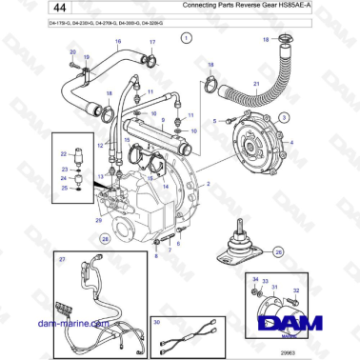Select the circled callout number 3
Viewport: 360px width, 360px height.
point(283,115)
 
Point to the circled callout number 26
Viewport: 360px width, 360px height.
point(278,252)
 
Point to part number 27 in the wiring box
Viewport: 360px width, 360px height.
point(63,260)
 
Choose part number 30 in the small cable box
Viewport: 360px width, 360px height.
point(156,322)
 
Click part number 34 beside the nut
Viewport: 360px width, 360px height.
point(255,276)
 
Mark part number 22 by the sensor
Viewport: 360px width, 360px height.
point(64,152)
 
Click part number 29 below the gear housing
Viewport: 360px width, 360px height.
point(98,221)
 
